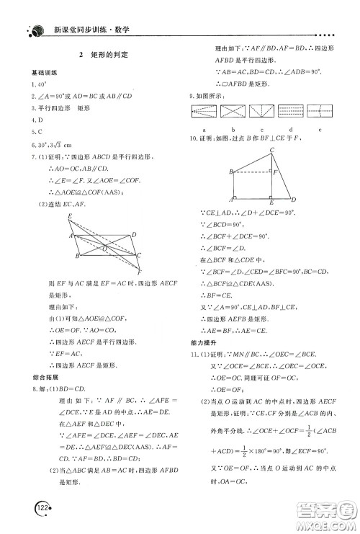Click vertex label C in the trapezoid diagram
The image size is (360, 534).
271,150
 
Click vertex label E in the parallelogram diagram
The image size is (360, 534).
69,216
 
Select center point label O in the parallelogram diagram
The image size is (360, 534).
105,247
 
